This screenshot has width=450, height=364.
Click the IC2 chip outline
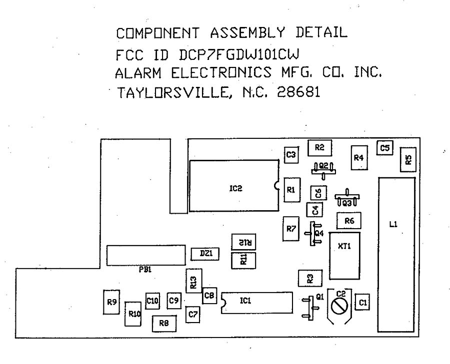click(x=234, y=186)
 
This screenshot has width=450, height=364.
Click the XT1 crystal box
click(x=344, y=256)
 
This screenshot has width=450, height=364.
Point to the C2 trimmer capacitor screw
click(x=340, y=306)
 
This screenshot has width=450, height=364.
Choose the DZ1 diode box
click(x=205, y=254)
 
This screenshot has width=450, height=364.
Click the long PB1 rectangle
click(x=145, y=255)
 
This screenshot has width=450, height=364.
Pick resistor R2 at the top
click(x=320, y=147)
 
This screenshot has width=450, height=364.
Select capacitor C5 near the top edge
click(x=384, y=148)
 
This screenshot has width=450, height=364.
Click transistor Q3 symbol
click(x=346, y=199)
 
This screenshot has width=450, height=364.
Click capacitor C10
click(x=152, y=301)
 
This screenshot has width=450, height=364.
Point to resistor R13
click(x=193, y=283)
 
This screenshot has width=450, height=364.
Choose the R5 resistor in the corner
click(x=408, y=160)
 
